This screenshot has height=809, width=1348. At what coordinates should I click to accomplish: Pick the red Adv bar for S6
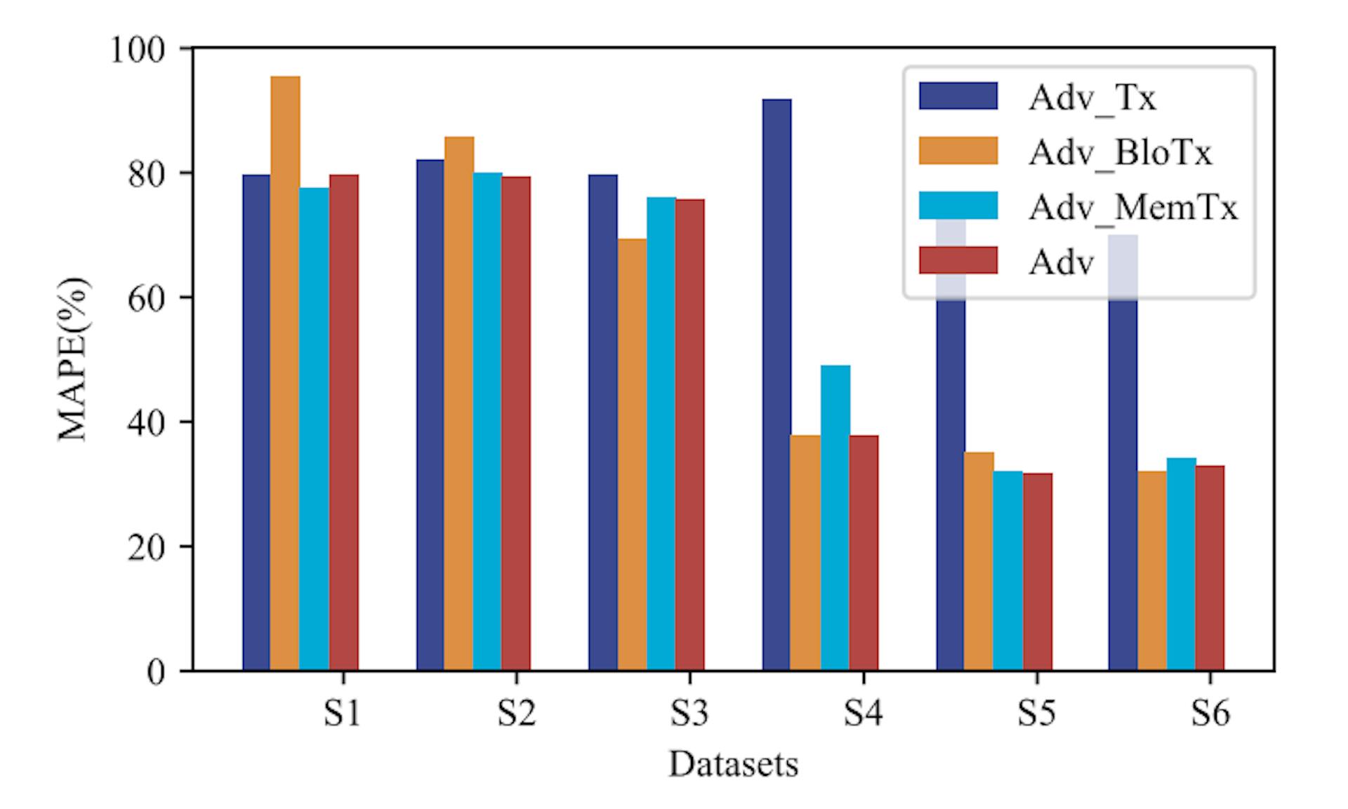1210,568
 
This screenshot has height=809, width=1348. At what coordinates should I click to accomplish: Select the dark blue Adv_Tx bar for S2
430,415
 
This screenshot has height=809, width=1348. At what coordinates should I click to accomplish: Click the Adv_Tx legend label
1092,98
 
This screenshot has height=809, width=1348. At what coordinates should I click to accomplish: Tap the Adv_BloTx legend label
1120,152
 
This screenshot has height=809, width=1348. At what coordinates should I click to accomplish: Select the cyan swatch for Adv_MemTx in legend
958,206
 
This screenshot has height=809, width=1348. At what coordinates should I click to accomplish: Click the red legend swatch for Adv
958,260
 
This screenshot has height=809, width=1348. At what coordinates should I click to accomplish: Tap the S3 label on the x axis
689,714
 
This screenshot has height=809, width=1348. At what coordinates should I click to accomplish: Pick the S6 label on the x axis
1210,714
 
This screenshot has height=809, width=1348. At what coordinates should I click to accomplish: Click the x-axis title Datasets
733,764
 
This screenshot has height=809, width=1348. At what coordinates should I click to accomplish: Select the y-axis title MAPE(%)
73,359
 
